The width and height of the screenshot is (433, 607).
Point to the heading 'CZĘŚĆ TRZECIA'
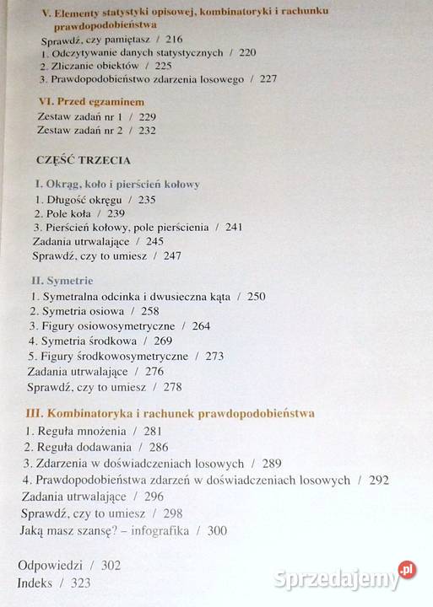83,158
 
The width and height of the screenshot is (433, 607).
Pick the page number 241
234,228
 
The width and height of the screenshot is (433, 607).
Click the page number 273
214,356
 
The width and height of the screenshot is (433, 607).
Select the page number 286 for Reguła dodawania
159,447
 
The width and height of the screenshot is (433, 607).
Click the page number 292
379,480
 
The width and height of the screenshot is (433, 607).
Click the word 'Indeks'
35,583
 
